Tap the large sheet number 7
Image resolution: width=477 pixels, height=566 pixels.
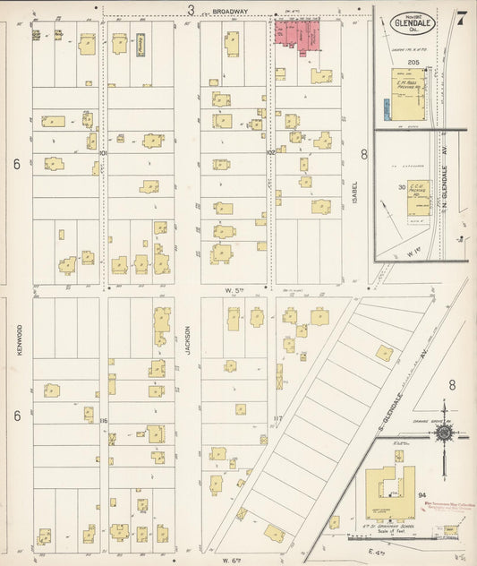click(x=459, y=18)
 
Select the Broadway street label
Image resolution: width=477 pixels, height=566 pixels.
click(x=230, y=12)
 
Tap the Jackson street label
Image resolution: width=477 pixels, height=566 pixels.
click(x=188, y=339)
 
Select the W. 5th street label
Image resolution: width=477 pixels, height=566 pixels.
click(x=234, y=290)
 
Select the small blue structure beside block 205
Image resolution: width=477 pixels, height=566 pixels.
click(x=385, y=109)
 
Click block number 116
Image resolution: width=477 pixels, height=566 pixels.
click(x=104, y=420)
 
